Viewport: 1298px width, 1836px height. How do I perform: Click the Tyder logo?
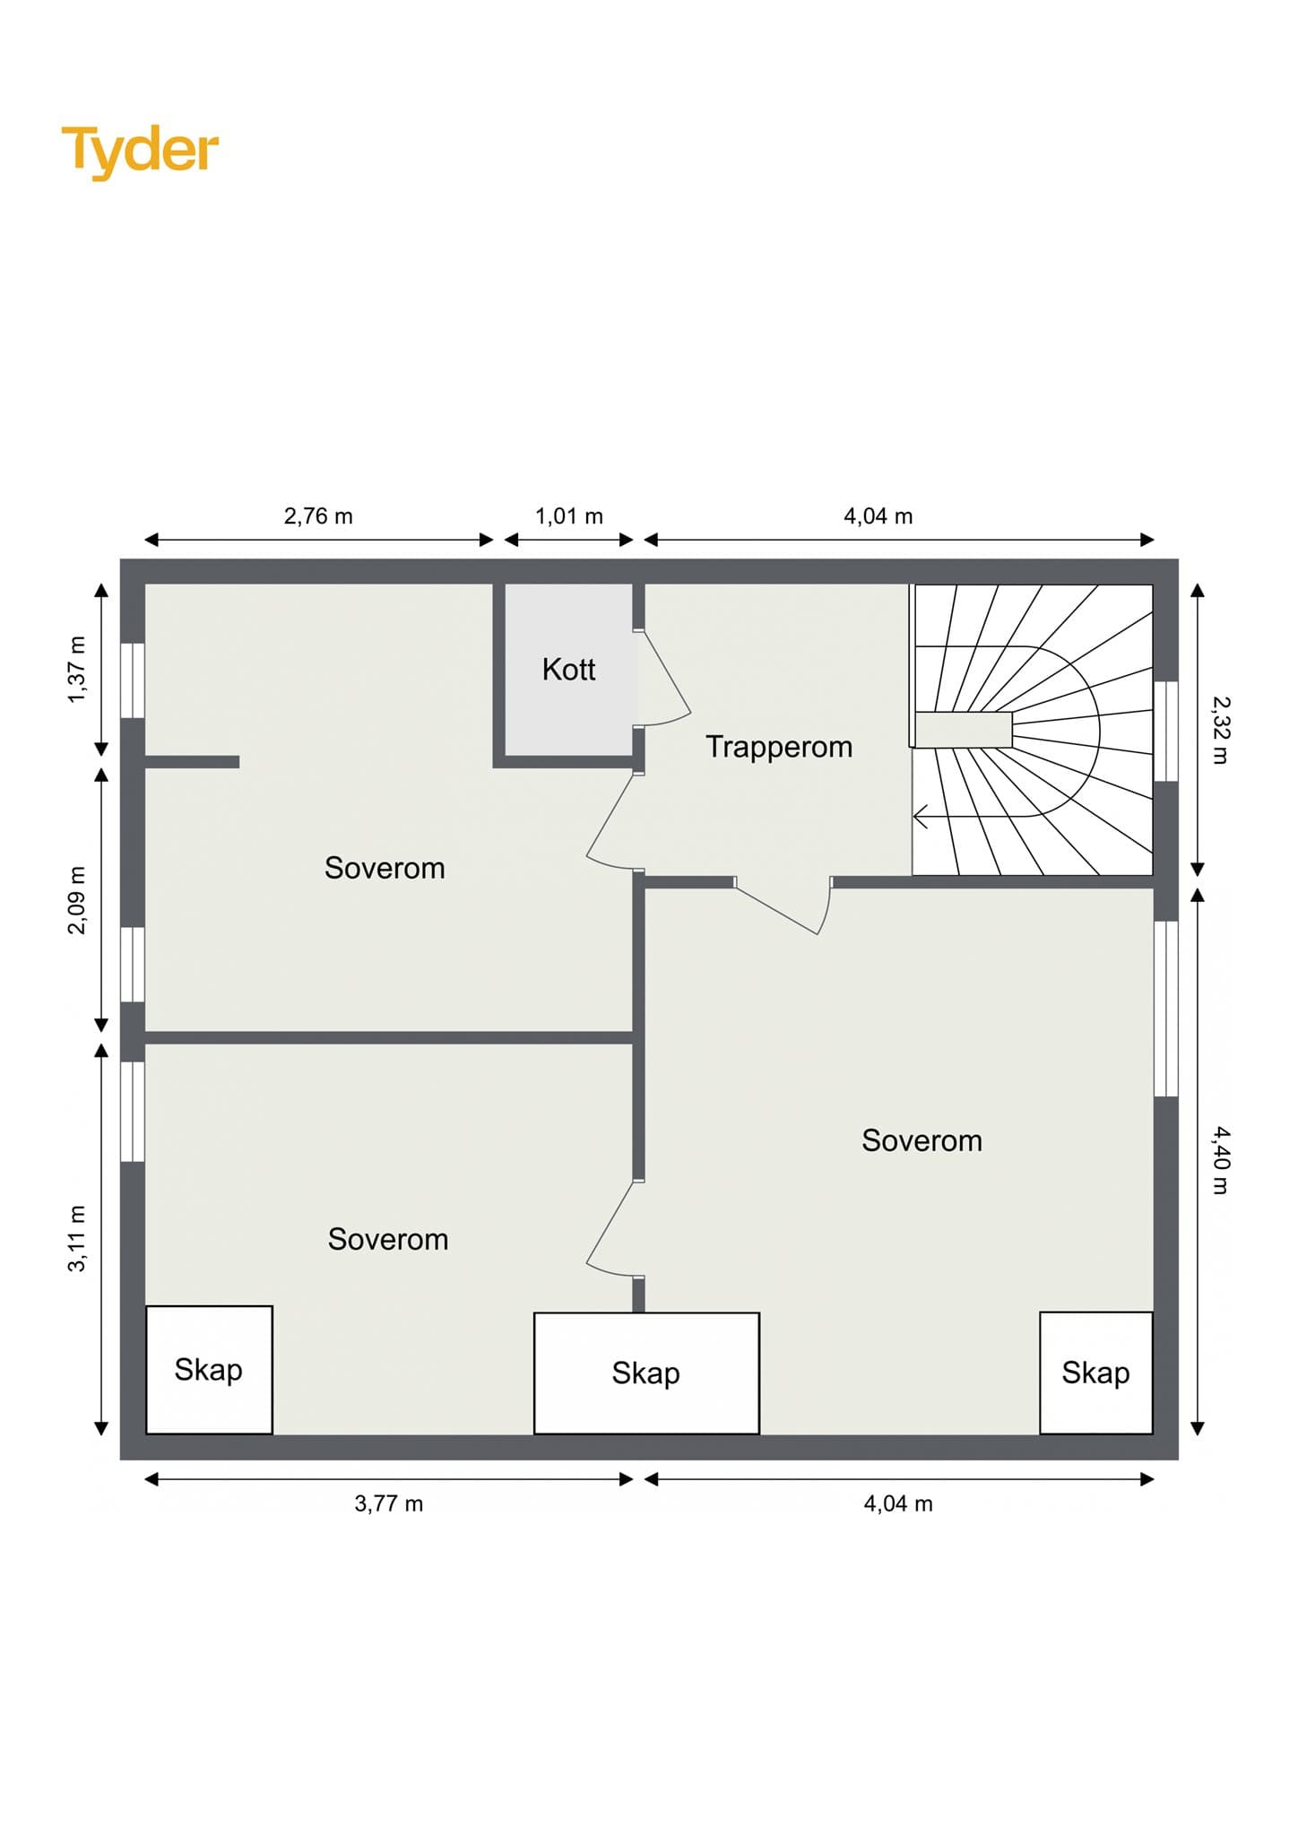tap(140, 151)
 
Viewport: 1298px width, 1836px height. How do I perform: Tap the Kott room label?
tap(568, 670)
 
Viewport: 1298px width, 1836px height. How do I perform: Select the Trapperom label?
tap(779, 747)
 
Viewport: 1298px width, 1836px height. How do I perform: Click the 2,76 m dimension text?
tap(318, 516)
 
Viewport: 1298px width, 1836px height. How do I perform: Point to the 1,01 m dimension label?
tap(569, 516)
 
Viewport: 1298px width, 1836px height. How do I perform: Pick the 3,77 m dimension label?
tap(389, 1503)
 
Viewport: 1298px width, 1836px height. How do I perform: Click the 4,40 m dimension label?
tap(1220, 1160)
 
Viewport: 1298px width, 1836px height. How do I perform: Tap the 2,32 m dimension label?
tap(1220, 730)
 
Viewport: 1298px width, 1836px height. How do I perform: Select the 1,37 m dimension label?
tap(77, 670)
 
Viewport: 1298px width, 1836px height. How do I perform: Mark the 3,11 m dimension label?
tap(77, 1238)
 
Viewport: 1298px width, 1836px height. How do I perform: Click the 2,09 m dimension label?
tap(77, 900)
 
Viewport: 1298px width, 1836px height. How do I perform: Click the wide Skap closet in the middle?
tap(646, 1373)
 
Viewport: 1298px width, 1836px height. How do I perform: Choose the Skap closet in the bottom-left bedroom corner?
tap(209, 1370)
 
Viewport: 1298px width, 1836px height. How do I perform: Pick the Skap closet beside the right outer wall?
tap(1096, 1373)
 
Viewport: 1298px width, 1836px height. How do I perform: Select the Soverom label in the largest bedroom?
tap(922, 1140)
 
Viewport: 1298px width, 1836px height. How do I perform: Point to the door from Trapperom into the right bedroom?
tap(783, 906)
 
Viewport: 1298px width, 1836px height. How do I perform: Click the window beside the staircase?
tap(1165, 732)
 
